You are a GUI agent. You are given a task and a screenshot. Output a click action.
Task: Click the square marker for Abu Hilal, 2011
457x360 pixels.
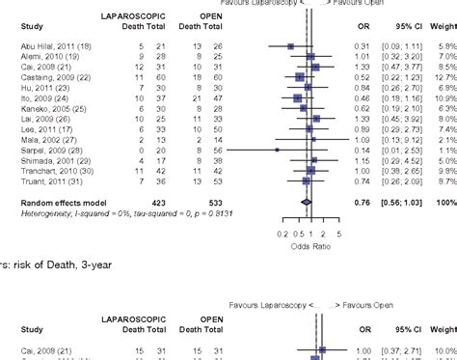[x=290, y=45]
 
